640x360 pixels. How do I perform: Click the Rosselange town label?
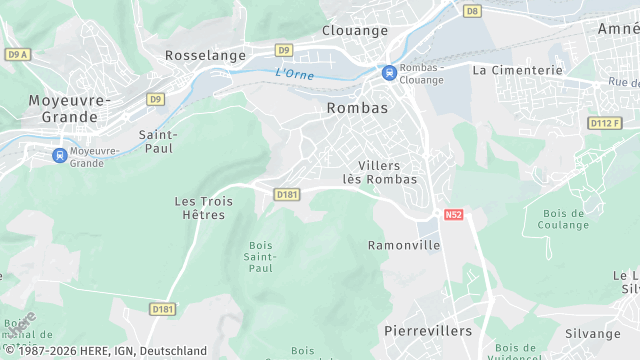[205, 56]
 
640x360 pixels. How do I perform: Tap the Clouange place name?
[355, 30]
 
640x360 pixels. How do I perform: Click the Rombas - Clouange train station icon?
[388, 72]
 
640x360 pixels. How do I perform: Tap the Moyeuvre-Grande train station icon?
[60, 155]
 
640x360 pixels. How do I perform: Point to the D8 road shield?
[472, 10]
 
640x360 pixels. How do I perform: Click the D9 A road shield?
[18, 54]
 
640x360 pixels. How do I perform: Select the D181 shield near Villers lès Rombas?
[287, 194]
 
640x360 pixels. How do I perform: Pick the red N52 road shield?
[454, 215]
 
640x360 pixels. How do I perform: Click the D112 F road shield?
[604, 123]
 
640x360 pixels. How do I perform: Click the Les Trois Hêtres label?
[203, 208]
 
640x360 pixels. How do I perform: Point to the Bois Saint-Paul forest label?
[260, 256]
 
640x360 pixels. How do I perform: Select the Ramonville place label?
[404, 245]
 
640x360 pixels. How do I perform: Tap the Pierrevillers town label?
[427, 329]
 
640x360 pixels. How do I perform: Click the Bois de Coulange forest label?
[565, 219]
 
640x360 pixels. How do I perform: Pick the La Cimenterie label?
[517, 70]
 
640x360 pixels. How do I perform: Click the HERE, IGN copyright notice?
[104, 351]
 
